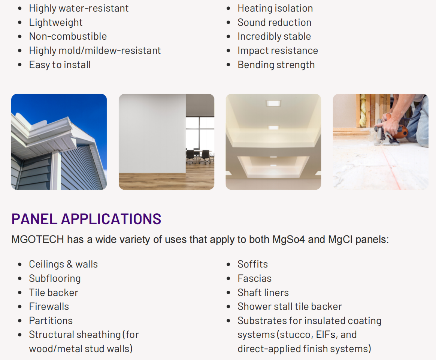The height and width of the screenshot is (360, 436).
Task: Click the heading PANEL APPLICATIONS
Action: coord(86,219)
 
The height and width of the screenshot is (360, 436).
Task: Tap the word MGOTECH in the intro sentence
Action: coord(37,240)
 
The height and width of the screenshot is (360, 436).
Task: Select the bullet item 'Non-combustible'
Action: coord(68,36)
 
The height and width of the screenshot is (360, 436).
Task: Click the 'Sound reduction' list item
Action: coord(275,22)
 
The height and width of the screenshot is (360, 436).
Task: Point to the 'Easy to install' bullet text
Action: coord(60,65)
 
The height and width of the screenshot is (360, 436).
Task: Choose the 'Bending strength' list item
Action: coord(276,65)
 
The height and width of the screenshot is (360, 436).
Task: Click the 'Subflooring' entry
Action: coord(55,278)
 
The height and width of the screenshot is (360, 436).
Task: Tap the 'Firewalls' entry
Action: coord(49,306)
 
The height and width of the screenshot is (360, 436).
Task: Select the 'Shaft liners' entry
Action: coord(263,293)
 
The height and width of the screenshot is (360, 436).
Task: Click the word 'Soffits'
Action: coord(253,264)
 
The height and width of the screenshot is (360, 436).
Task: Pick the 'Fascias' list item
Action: coord(254,278)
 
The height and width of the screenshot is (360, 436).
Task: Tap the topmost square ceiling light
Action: coord(273,103)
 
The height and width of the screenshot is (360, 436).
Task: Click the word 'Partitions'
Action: coord(51,321)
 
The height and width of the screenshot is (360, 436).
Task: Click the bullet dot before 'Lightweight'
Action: coord(20,22)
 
